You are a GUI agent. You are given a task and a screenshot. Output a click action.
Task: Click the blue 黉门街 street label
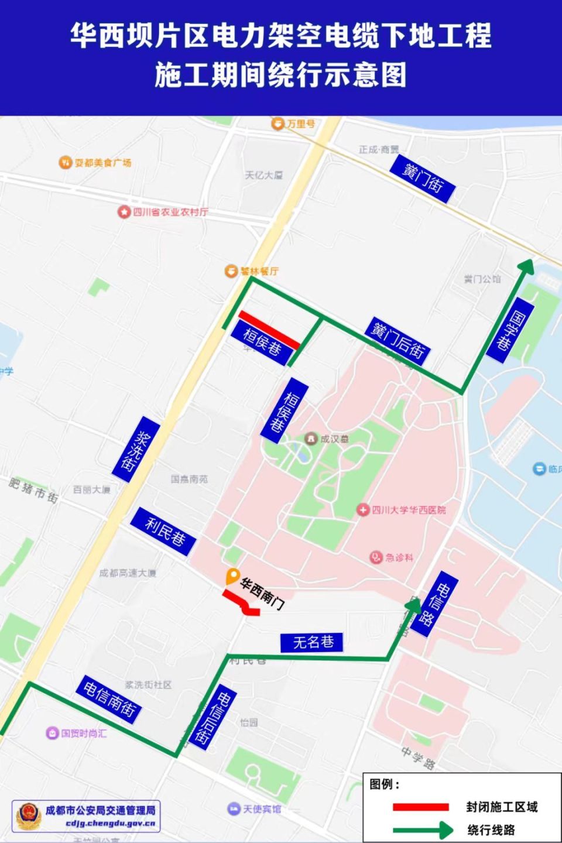coord(423,179)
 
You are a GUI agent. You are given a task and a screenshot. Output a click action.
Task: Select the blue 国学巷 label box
coord(510,330)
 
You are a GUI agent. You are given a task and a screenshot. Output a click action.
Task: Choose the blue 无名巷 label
coord(313,642)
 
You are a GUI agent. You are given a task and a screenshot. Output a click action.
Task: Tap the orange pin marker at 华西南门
coord(232,576)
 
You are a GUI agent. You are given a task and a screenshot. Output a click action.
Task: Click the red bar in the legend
coord(420,807)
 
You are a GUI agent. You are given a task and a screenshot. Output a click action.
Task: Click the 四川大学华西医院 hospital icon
coord(364,510)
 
